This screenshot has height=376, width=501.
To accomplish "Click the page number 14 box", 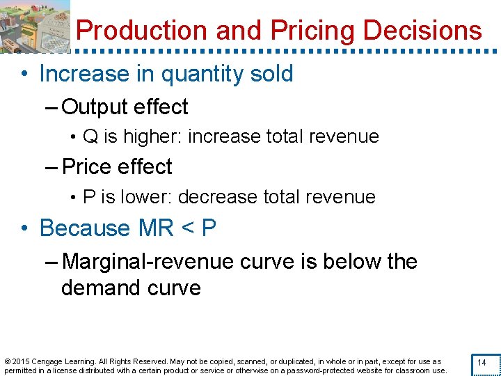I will pos(482,363).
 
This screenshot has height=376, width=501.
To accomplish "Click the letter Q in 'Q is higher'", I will pos(90,136).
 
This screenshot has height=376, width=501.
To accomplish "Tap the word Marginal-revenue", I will pos(148,262).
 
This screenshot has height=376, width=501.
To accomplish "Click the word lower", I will pos(147,197).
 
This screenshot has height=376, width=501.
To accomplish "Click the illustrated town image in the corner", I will pos(35,26).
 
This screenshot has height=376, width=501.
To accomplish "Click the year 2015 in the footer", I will pos(21,362).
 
